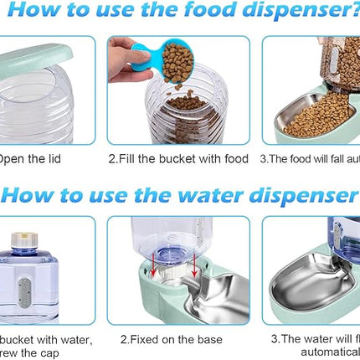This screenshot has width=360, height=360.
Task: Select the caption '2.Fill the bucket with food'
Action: pos(178,157)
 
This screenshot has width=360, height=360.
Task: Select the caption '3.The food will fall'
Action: pos(310,157)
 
